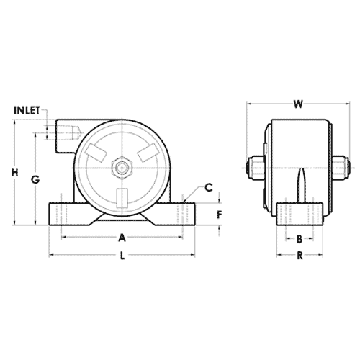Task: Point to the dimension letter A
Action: pos(122,236)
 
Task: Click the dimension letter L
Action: pos(122,255)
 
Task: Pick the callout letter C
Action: pos(208,188)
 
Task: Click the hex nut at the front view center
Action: pos(123,168)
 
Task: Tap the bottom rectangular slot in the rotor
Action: pos(123,197)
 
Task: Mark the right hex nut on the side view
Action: pos(343,169)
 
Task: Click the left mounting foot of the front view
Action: pos(63,214)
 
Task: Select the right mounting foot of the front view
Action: pos(183,214)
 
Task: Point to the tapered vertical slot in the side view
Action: pos(300,184)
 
